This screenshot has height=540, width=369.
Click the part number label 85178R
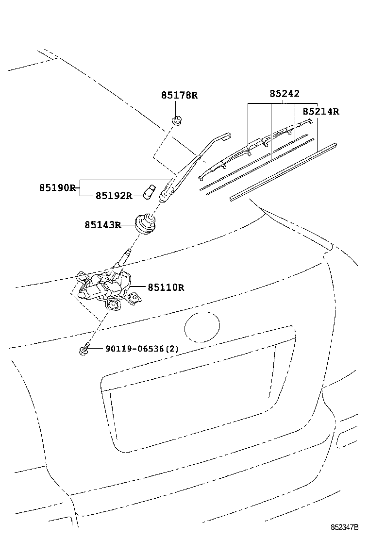tap(179, 95)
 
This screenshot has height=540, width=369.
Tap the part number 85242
tap(285, 94)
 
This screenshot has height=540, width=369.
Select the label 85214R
tap(321, 112)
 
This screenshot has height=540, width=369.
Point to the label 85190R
tap(57, 188)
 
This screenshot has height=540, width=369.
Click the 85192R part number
tap(114, 196)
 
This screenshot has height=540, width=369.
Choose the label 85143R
tap(103, 225)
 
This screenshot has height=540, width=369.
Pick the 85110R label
tap(166, 287)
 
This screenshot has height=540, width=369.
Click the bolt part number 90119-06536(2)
tap(142, 349)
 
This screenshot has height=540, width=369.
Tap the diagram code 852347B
tap(345, 527)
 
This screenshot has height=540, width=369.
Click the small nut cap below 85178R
tap(177, 121)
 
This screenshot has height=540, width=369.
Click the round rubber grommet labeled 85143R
tap(145, 224)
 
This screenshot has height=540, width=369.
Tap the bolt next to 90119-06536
tap(84, 349)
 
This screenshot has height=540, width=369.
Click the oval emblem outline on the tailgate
tap(202, 326)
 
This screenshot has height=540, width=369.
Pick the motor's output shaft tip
tap(129, 251)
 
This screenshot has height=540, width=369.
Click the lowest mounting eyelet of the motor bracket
tap(112, 305)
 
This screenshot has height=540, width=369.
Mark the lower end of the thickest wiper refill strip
tap(231, 199)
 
